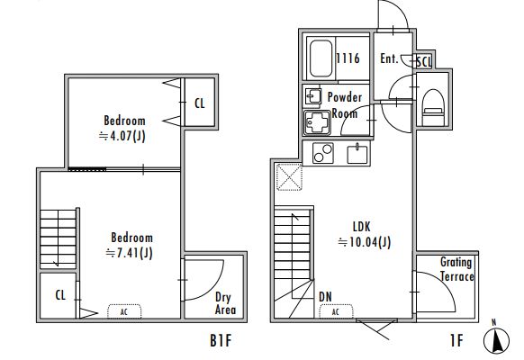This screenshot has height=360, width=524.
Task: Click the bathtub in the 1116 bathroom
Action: click(321, 59)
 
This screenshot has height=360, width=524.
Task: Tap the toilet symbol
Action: click(433, 107)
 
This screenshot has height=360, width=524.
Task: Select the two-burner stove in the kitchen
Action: click(323, 153)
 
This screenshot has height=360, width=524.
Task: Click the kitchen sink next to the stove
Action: click(357, 154)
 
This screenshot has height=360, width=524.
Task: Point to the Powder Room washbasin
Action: click(313, 97)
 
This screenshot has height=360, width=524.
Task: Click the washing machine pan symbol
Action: click(318, 122)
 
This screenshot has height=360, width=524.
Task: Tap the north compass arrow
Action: click(497, 340)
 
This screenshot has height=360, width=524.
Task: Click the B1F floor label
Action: click(221, 340)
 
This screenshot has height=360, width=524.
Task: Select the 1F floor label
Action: click(456, 340)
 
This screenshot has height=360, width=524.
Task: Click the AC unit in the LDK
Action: click(336, 311)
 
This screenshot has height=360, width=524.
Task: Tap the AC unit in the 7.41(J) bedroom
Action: click(124, 311)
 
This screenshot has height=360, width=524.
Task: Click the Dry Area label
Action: click(225, 303)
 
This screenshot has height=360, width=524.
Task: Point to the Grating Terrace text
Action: click(456, 269)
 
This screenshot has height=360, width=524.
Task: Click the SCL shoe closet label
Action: click(424, 62)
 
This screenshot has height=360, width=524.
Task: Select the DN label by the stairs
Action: click(325, 297)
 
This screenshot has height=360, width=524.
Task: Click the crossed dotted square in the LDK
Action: click(289, 177)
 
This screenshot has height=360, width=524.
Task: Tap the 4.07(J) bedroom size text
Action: click(122, 136)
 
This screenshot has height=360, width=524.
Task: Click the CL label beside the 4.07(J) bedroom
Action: click(200, 103)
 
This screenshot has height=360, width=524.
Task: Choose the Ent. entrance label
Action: click(389, 58)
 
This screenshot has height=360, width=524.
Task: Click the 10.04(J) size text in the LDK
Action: click(365, 242)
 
